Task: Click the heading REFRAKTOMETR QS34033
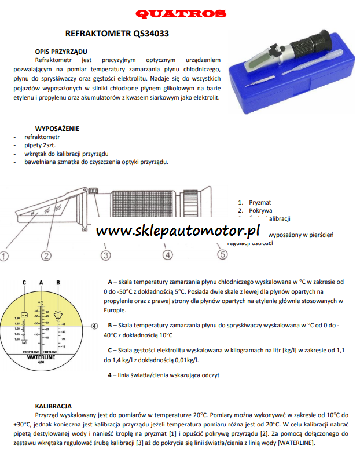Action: click(117, 34)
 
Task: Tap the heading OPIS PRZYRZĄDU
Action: click(61, 52)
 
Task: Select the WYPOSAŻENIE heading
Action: click(57, 129)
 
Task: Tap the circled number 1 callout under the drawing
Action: click(4, 255)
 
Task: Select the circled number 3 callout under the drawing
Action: click(105, 255)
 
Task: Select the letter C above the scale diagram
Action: click(24, 282)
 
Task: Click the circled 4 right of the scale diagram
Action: click(94, 326)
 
